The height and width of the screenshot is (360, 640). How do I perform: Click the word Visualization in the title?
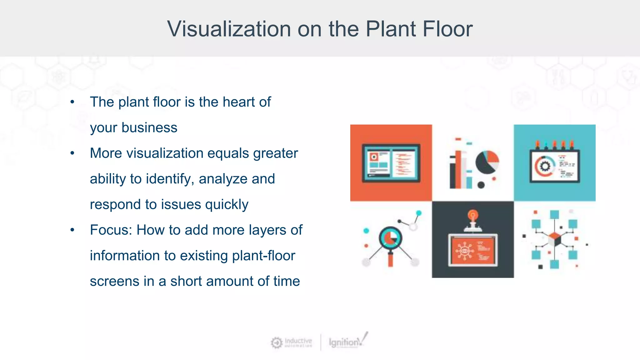229,29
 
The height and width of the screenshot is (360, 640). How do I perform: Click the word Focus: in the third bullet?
111,230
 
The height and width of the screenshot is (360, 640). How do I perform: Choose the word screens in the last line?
114,281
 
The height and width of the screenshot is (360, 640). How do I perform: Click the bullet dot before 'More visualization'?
72,153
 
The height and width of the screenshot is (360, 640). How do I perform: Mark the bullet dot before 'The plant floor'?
72,102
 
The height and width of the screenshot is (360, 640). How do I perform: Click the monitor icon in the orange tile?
391,163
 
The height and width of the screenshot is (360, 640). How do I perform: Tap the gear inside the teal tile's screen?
545,166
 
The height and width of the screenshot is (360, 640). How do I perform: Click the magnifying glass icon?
390,241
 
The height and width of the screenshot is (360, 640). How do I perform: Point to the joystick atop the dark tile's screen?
473,220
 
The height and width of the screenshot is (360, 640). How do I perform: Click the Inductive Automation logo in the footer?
291,342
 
